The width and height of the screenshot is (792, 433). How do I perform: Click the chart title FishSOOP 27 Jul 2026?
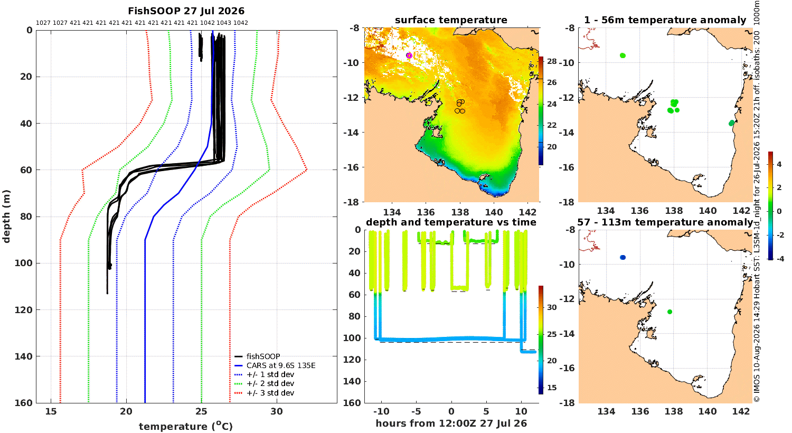coord(186,11)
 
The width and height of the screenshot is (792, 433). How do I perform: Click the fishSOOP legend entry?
coord(263,356)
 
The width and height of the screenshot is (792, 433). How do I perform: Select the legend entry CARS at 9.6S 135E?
coord(281,365)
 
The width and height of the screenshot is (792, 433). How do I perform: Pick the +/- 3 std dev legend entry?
coord(270,393)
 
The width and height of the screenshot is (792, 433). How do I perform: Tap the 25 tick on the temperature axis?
coord(202,411)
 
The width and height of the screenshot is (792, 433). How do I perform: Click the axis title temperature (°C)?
coord(186,426)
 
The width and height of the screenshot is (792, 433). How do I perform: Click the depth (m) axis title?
coord(6,216)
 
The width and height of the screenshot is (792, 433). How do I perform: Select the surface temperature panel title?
coord(451,20)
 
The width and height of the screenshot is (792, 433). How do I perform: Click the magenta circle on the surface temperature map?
coord(409,55)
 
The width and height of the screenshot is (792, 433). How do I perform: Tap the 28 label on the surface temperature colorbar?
coord(552,61)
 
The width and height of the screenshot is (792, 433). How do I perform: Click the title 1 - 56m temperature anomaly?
coord(665,20)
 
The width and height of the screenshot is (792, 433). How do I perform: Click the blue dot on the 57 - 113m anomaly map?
coord(623,257)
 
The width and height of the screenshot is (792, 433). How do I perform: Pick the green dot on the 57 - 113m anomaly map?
coord(670,312)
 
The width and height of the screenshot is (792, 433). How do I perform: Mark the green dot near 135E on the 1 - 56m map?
coord(623,55)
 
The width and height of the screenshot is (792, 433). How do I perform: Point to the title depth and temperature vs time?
coord(451,222)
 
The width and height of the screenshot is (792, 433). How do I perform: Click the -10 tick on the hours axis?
coord(382,411)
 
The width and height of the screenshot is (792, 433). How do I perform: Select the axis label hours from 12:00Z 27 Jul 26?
coord(451,423)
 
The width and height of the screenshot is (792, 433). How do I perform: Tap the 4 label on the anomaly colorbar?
coord(779,164)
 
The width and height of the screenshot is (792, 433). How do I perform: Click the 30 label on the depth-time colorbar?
coord(552,307)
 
